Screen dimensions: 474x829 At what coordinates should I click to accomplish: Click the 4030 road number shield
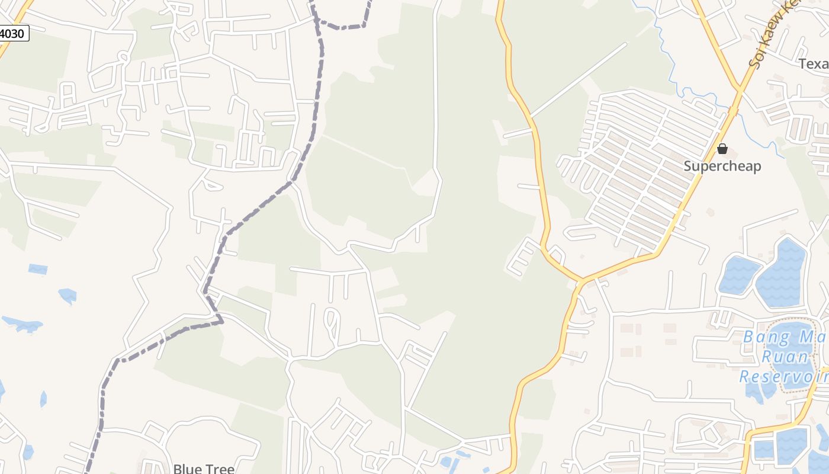pos(13,33)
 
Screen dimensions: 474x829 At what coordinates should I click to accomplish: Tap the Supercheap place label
pos(722,166)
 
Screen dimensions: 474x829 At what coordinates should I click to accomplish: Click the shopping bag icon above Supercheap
pos(722,149)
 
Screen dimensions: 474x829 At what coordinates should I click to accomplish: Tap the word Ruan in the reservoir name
pos(785,357)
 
